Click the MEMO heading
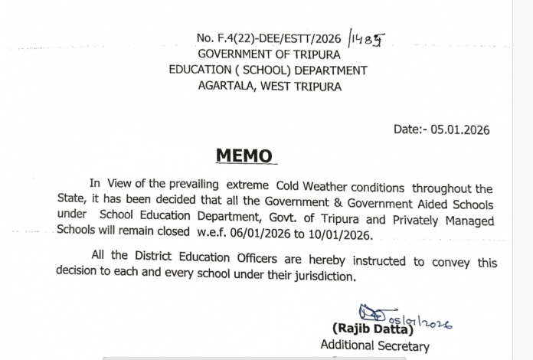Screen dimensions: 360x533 click(x=244, y=156)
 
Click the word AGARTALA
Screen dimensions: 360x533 click(x=224, y=87)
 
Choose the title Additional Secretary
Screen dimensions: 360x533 click(x=375, y=347)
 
